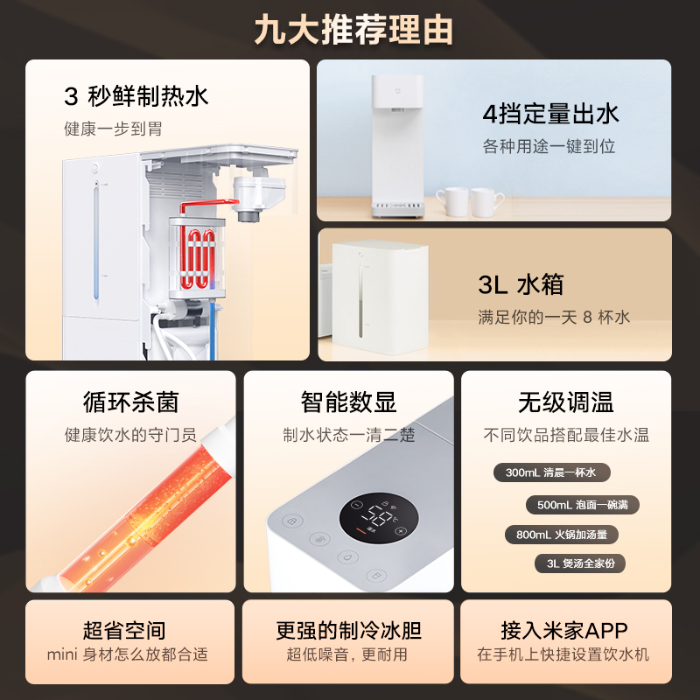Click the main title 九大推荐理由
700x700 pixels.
[x=350, y=30]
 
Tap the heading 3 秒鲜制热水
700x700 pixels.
[x=136, y=95]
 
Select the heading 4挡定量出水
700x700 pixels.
[x=550, y=113]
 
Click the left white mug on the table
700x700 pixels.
[x=451, y=201]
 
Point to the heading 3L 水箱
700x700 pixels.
[x=521, y=284]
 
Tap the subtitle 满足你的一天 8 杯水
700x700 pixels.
[x=554, y=317]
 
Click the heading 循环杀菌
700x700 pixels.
[x=130, y=402]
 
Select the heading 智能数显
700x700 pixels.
[x=348, y=402]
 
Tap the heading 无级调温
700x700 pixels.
[x=566, y=402]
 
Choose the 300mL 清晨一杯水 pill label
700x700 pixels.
[x=550, y=472]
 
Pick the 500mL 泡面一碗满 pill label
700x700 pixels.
[x=582, y=505]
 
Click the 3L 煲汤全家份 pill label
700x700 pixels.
[x=580, y=563]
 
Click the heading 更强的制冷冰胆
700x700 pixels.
[x=348, y=630]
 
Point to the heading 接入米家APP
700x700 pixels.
[x=564, y=630]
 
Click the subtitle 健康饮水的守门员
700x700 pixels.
[x=130, y=435]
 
